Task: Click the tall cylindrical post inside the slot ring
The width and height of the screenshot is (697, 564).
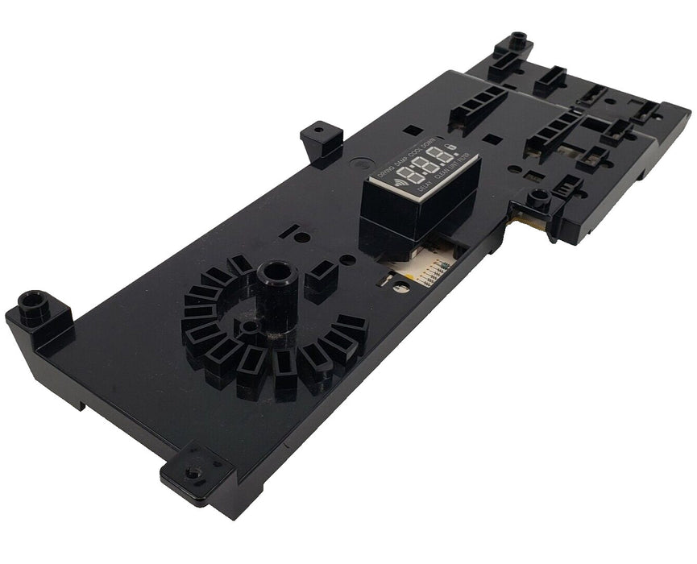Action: point(276,286)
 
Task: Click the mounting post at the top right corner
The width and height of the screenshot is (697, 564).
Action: point(517,43)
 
